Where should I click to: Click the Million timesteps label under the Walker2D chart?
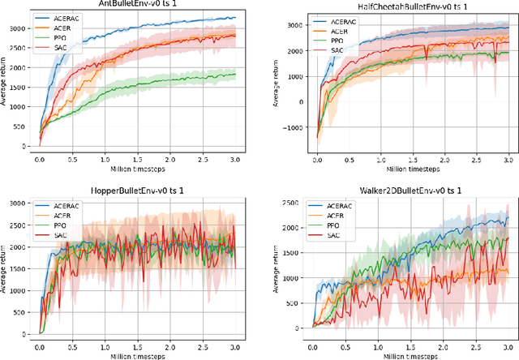click(402, 354)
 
